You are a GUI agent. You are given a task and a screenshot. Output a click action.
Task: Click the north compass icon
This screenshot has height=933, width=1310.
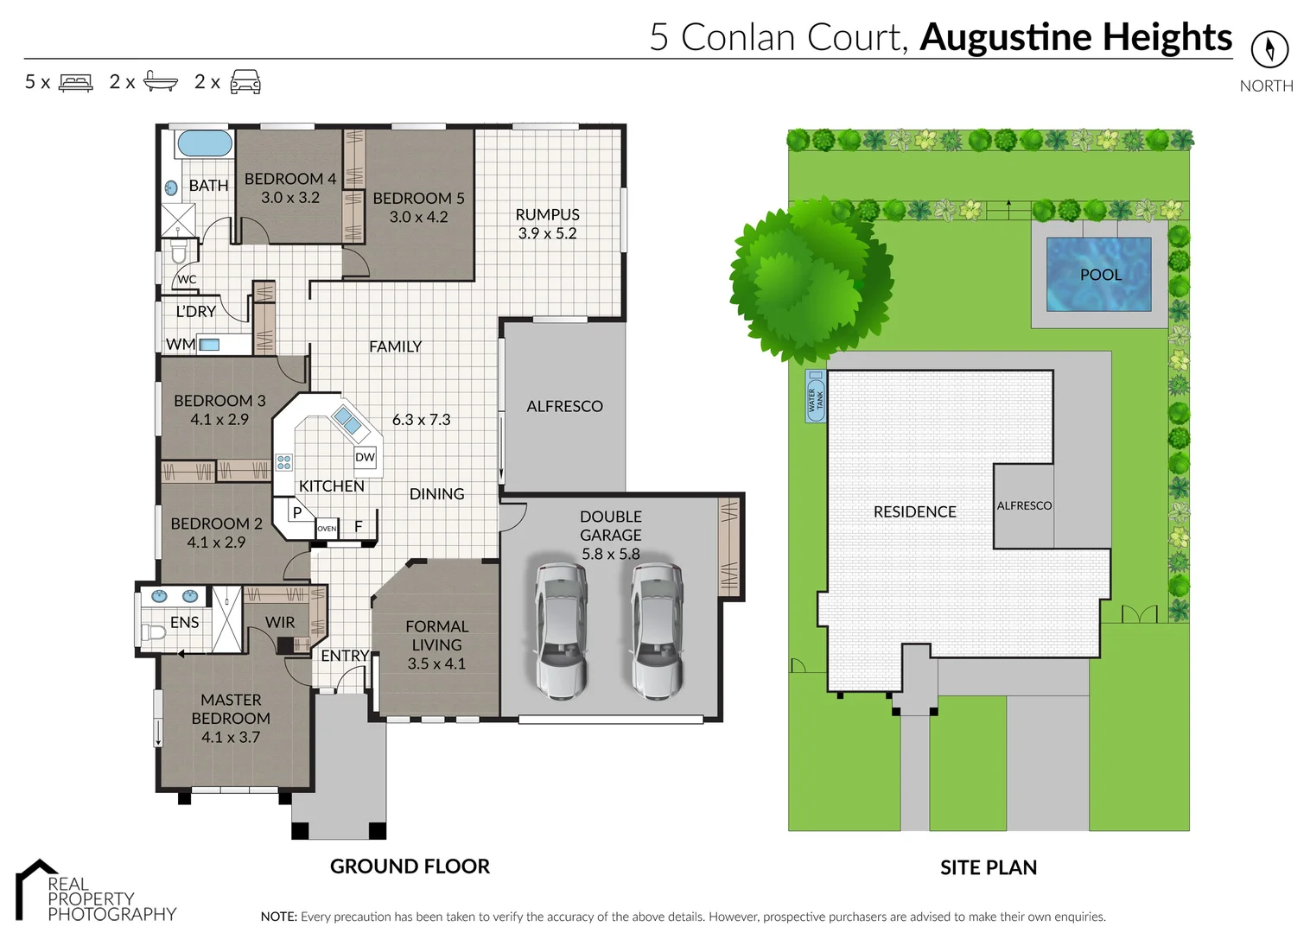[x=1269, y=48]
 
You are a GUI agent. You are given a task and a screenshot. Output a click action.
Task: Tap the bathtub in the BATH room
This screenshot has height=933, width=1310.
[x=204, y=143]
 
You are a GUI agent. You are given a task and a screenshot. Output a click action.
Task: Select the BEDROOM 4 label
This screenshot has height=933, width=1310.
[x=290, y=179]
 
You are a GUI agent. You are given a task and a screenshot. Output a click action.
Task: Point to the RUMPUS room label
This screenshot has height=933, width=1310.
[x=547, y=214]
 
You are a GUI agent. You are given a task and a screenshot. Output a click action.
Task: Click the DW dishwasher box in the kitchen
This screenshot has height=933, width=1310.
[x=366, y=457]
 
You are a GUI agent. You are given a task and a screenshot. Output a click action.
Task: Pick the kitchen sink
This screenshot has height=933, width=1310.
[x=347, y=421]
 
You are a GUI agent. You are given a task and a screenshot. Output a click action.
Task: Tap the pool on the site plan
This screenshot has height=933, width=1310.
[x=1099, y=275]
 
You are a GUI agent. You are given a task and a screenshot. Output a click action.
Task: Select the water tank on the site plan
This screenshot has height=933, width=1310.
[x=815, y=397]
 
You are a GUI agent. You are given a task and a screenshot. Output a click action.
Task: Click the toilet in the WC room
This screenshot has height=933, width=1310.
[x=179, y=251]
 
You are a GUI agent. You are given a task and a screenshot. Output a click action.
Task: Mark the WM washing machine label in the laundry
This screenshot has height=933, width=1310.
[x=180, y=344]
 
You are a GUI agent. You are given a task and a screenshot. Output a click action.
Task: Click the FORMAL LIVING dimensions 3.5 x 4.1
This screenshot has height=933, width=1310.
[x=436, y=663]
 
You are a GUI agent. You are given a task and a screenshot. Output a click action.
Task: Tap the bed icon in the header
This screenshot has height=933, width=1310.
[x=75, y=83]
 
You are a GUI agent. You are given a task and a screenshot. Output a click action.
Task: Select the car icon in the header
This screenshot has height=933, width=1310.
[x=245, y=82]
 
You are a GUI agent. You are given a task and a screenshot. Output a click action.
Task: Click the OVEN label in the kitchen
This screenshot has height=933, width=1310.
[x=327, y=529]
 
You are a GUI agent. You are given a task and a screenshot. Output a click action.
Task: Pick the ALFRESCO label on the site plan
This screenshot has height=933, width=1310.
[x=1024, y=505]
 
